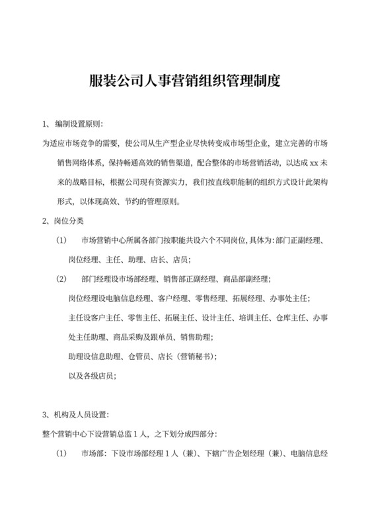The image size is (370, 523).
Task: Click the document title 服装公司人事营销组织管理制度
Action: coord(184,82)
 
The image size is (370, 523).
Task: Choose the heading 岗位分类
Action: coord(70,220)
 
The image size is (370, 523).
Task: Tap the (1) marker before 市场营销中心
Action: coord(61,240)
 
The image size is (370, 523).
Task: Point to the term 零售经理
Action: coord(204,298)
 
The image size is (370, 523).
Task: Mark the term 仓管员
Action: coord(143,357)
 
